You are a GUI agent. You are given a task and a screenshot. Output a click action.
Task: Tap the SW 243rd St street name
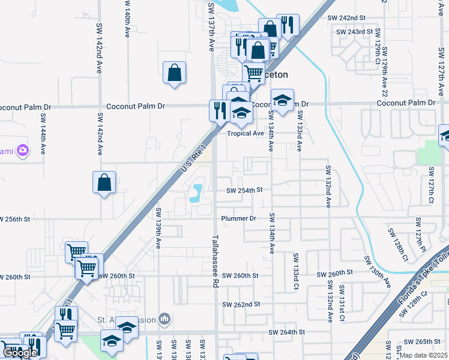354,31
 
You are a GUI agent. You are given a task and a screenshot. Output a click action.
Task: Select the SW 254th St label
245,190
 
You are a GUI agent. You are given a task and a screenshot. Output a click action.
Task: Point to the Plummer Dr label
239,218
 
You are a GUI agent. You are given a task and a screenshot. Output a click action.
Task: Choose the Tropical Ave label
246,134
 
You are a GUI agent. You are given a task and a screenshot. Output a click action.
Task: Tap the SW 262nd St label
241,304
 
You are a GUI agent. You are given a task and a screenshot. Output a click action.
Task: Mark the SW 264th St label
287,332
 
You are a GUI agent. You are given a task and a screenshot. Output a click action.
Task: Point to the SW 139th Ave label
159,229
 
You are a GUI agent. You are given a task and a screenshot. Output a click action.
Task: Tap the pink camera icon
23,149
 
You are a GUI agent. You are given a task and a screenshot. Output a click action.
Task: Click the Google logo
20,353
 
